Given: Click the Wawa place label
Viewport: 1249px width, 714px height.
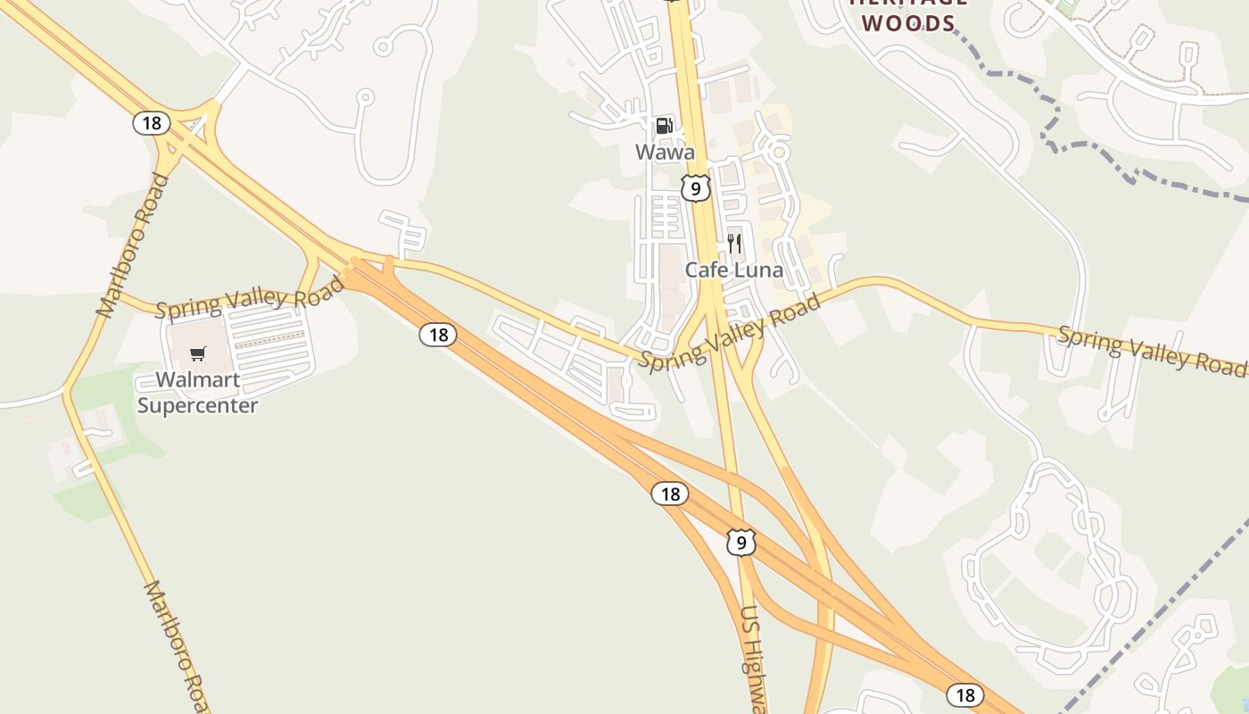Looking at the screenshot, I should pos(665,152).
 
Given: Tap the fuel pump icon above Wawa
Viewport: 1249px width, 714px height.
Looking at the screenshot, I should pos(664,126).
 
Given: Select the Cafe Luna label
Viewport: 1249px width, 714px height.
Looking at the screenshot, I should pos(733,270).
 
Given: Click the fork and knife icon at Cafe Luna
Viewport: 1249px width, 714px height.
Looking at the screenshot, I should pos(734,243).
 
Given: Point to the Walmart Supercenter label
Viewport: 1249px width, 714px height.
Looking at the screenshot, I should pos(197,393).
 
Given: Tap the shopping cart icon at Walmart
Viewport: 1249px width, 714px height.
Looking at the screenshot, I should pos(198,354).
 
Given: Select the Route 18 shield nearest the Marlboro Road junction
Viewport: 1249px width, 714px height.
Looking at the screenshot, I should pos(152,122).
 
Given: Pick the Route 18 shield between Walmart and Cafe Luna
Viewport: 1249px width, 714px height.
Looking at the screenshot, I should pos(437,335).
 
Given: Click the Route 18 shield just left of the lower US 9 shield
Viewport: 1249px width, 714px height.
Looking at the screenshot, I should pos(670,494).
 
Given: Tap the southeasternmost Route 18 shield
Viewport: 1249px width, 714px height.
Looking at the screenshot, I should pos(964,694).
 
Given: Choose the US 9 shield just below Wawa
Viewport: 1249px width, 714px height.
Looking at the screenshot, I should pos(695,187).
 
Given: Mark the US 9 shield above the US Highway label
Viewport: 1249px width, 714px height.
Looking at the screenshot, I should pos(740,542).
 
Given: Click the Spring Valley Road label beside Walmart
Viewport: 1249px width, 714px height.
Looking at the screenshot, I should pos(249,297).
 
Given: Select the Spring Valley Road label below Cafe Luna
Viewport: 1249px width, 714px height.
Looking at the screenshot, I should pos(729,335).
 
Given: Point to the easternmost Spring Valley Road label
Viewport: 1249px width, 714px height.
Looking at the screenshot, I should pos(1151,350).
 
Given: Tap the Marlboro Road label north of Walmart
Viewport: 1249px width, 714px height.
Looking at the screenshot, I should pos(132,246).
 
